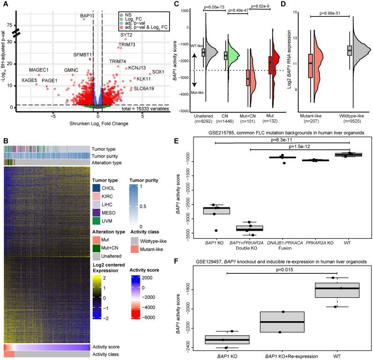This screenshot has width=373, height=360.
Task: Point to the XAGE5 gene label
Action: (x=30, y=81)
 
